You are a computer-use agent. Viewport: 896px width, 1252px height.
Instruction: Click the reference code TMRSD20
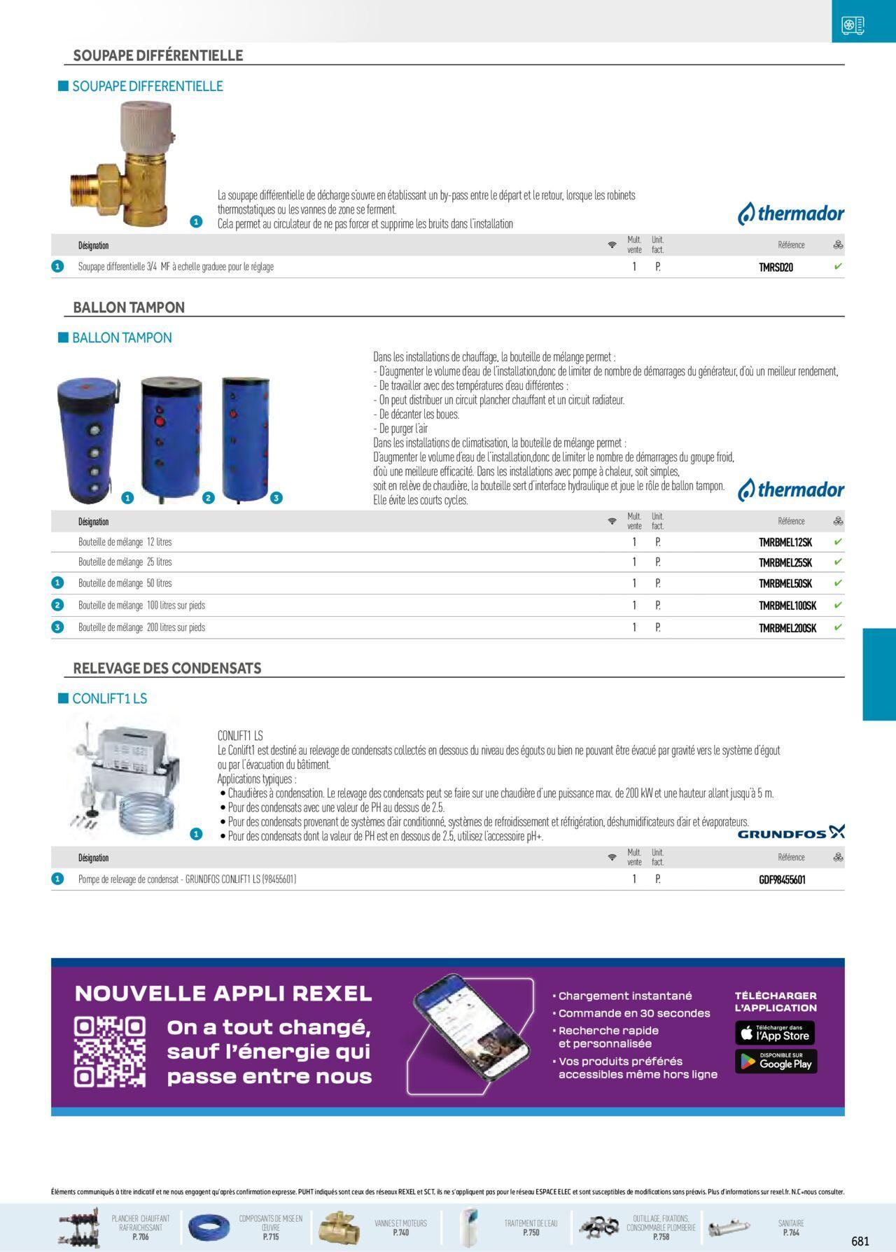point(776,267)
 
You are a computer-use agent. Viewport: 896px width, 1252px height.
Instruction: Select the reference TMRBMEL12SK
point(785,542)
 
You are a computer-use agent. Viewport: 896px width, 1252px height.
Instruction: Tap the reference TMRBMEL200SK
point(787,627)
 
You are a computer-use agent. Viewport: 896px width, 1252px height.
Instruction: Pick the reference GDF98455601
point(782,879)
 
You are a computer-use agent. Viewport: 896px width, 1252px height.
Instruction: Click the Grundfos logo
point(791,833)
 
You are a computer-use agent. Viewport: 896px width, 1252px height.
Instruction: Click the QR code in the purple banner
point(110,1051)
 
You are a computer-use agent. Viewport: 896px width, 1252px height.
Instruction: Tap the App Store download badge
point(775,1033)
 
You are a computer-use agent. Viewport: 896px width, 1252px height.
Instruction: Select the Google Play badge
point(775,1062)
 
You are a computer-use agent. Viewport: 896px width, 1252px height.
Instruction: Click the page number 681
point(860,1241)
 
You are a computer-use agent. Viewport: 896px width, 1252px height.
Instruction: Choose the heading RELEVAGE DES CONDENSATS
point(167,668)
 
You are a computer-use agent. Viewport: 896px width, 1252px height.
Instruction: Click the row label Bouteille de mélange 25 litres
point(125,562)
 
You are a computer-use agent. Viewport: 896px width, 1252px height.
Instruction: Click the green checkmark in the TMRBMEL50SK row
point(838,583)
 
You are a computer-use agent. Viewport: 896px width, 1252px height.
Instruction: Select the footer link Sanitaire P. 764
point(791,1227)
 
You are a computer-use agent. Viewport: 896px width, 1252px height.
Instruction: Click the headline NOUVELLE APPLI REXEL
point(223,993)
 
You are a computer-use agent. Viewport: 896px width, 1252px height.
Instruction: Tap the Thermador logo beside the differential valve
point(791,214)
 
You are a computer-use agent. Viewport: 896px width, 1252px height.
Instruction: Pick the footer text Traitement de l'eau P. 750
point(531,1227)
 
